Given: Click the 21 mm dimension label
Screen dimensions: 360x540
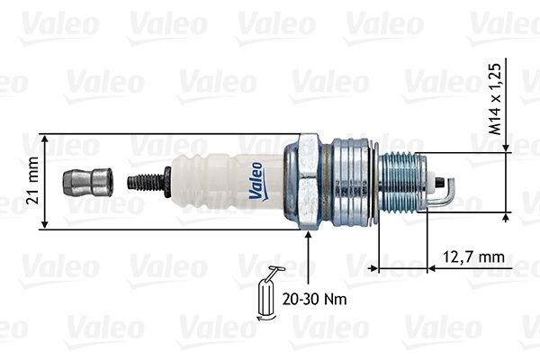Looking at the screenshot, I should tap(33, 181).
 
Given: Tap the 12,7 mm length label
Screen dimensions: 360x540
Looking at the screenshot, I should tap(474, 256).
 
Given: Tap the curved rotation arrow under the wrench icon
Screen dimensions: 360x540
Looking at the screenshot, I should tap(265, 315).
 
